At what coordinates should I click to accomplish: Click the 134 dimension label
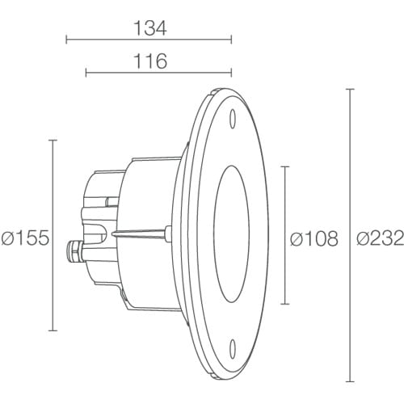click(x=150, y=28)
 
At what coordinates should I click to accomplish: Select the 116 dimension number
click(x=150, y=61)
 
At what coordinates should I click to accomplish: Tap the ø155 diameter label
click(x=26, y=238)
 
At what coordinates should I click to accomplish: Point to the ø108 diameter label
click(x=314, y=238)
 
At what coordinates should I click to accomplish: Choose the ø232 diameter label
click(x=381, y=238)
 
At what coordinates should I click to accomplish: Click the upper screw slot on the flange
click(x=233, y=119)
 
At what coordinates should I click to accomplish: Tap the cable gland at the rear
click(x=74, y=252)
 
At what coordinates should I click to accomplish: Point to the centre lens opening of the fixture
click(x=232, y=234)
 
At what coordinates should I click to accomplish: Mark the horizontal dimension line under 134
click(x=149, y=40)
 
